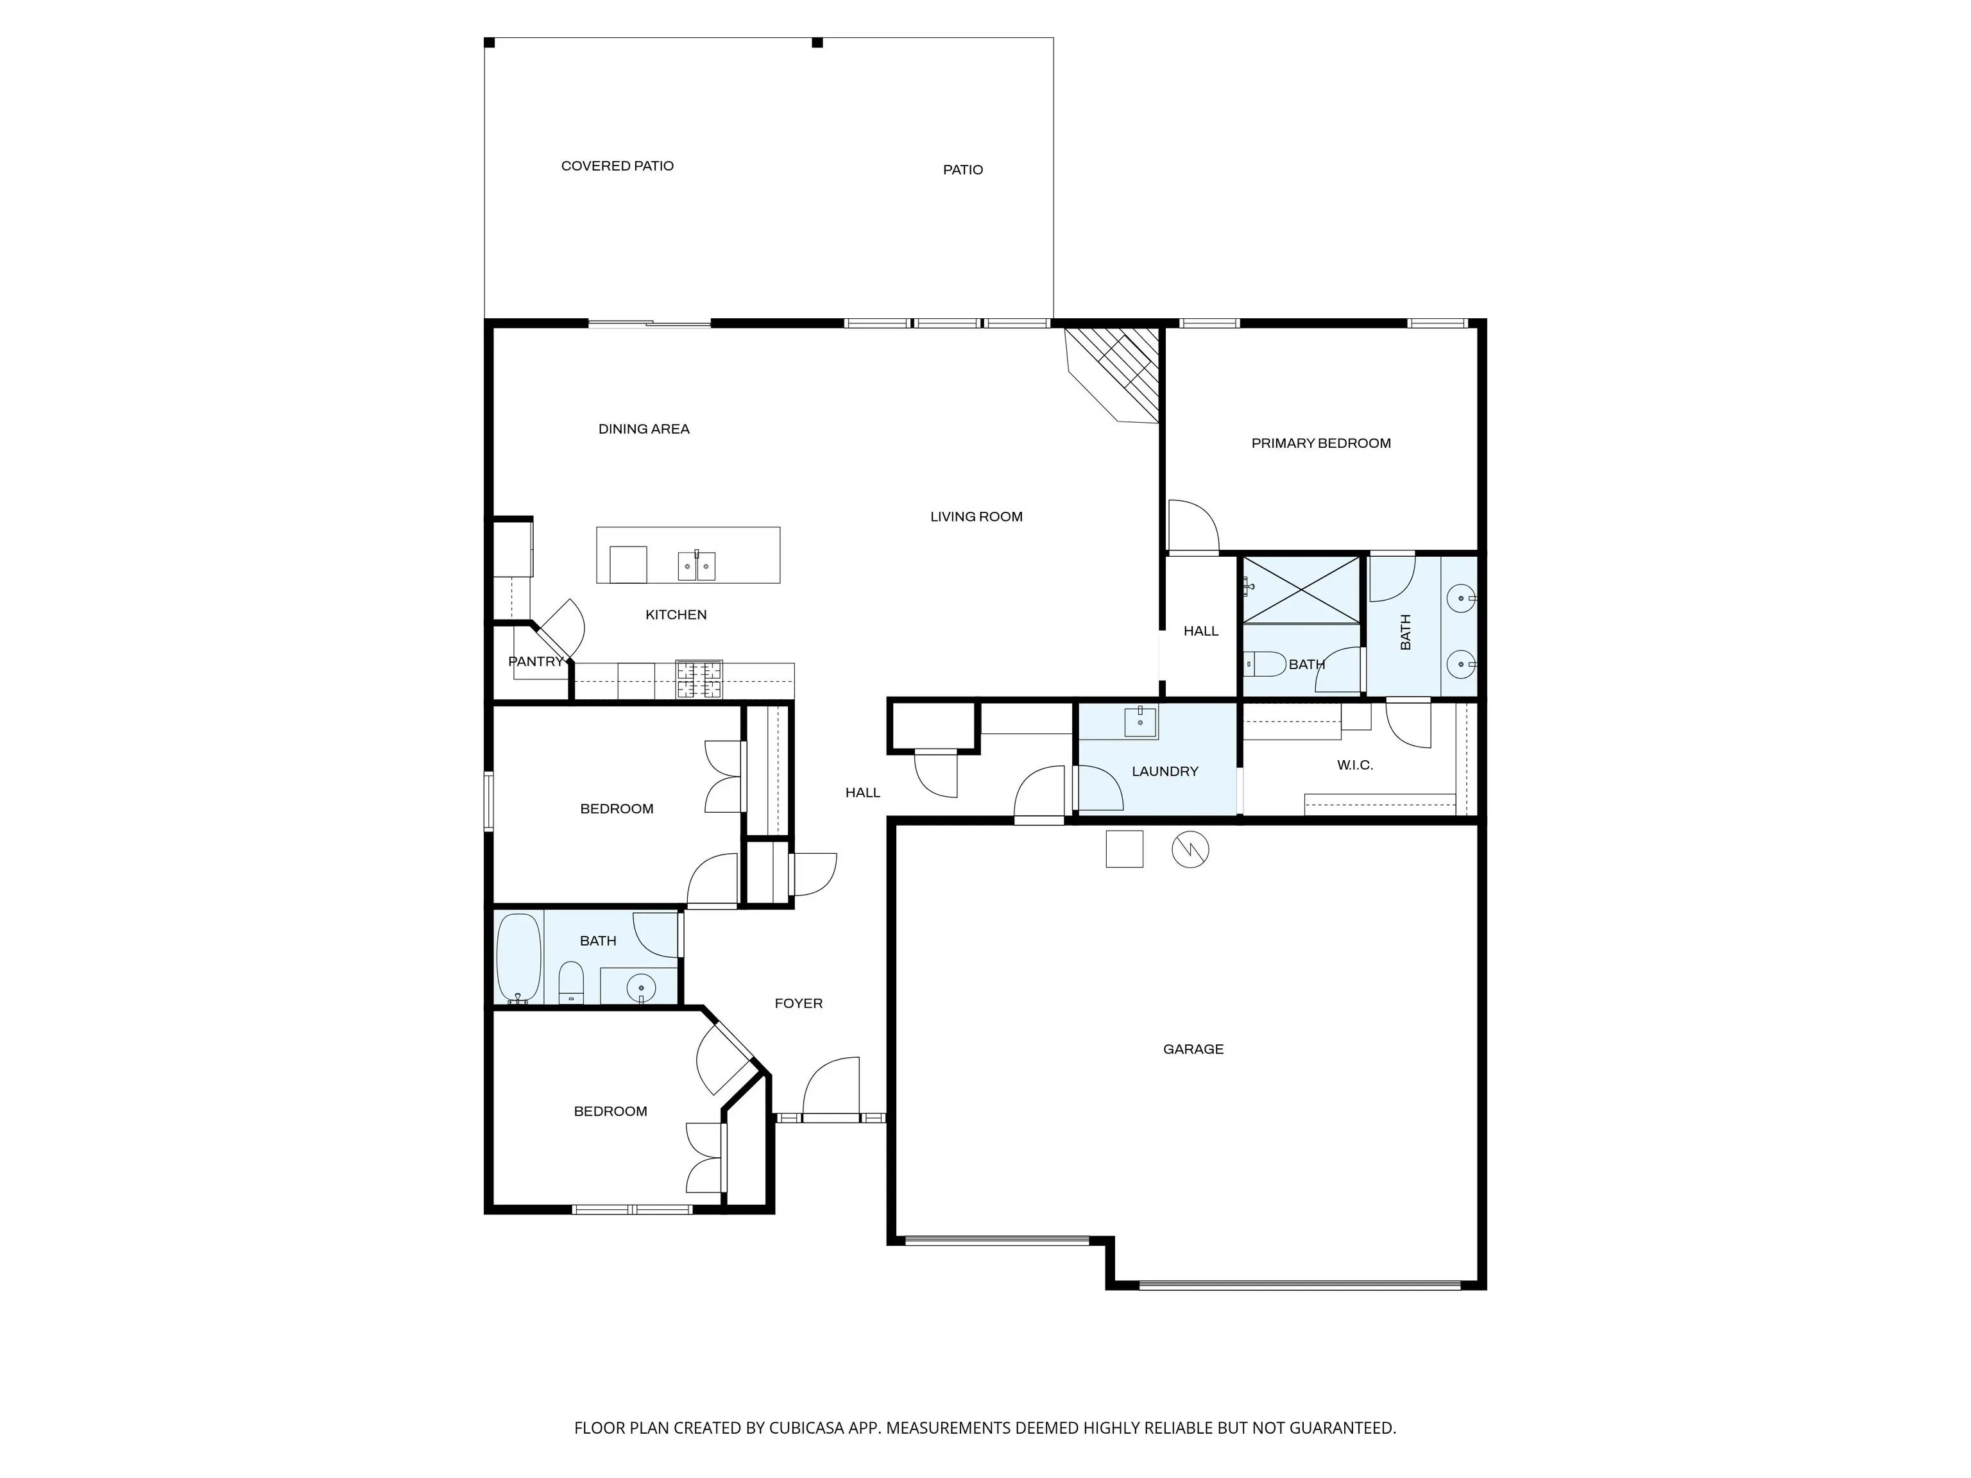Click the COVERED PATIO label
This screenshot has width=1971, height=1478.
617,166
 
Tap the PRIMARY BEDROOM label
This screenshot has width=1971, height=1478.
1320,443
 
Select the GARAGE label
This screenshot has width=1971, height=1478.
1193,1049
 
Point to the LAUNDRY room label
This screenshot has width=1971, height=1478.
1165,770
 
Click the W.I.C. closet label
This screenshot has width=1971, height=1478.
1354,765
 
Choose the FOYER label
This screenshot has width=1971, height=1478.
798,1003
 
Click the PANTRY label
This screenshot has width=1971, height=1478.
536,661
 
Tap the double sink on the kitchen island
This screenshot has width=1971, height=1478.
696,566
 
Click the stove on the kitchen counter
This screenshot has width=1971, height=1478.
699,680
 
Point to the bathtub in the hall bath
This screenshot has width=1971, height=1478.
518,958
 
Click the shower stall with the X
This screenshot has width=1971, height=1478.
1302,589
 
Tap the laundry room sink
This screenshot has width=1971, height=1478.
1141,722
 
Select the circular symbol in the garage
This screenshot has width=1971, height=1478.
1190,849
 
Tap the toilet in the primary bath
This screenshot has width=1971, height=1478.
1265,664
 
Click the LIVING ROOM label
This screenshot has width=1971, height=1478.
976,516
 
